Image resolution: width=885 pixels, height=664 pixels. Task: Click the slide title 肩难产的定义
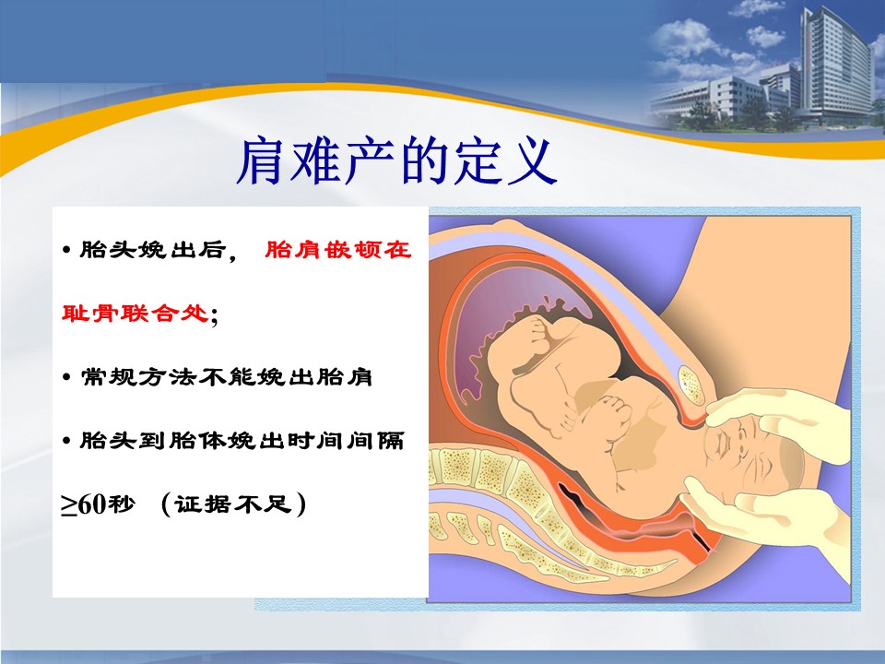[x=396, y=161]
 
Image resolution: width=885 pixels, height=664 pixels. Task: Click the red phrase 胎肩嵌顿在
[x=338, y=250]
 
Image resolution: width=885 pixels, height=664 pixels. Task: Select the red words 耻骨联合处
[x=135, y=313]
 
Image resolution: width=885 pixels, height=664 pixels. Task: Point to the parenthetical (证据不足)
[x=233, y=504]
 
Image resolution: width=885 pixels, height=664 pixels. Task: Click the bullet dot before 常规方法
[x=67, y=376]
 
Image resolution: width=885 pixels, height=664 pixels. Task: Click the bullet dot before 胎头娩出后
[x=67, y=250]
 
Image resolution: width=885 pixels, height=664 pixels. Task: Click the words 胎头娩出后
[x=153, y=250]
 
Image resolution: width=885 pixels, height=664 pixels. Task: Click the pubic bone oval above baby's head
[x=690, y=385]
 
